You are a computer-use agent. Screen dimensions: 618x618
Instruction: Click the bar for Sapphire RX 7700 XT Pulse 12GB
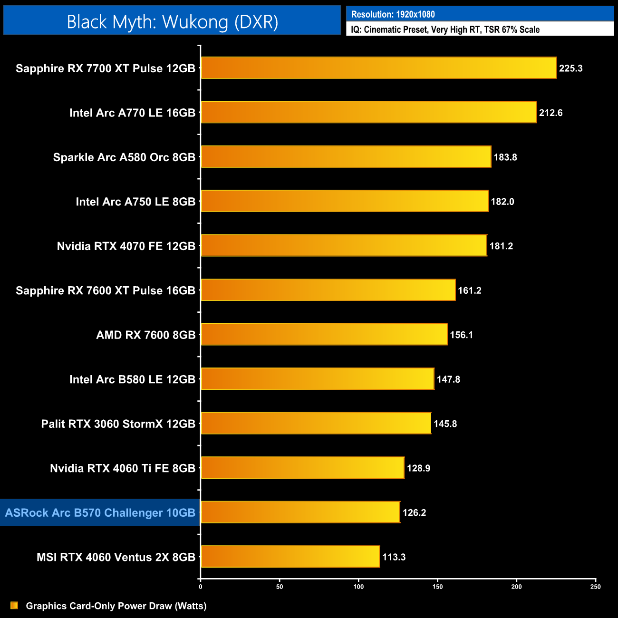point(378,68)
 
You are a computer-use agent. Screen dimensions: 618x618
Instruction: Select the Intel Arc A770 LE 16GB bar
point(368,112)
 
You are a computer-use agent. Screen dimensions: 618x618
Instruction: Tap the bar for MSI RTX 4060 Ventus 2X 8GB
point(290,557)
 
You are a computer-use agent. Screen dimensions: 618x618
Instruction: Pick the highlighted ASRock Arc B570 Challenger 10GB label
point(100,512)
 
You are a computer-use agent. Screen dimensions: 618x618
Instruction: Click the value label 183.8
point(505,157)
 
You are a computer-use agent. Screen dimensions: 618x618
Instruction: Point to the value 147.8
point(448,379)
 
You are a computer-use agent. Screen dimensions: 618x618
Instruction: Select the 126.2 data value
point(414,512)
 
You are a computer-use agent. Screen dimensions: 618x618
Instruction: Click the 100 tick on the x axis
point(358,587)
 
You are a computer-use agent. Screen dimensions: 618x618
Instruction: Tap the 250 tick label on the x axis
point(595,587)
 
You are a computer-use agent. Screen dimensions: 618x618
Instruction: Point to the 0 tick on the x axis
point(201,587)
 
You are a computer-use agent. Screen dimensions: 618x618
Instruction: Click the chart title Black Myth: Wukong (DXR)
point(172,22)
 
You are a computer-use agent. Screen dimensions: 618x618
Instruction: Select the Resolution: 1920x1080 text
point(393,14)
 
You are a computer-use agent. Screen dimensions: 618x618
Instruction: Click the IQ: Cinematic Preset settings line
point(445,29)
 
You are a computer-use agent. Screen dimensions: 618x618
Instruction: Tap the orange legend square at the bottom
point(14,605)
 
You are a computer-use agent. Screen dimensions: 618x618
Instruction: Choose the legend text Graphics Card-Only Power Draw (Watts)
point(116,606)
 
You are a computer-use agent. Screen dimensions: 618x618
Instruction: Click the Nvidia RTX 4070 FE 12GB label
point(126,246)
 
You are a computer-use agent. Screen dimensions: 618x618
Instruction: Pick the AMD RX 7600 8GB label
point(145,335)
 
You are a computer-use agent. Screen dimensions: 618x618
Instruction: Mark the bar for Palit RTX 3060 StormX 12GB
point(316,424)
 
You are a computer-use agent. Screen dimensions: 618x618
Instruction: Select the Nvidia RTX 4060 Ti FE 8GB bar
point(302,468)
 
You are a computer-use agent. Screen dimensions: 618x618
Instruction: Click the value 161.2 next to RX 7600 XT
point(469,290)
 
